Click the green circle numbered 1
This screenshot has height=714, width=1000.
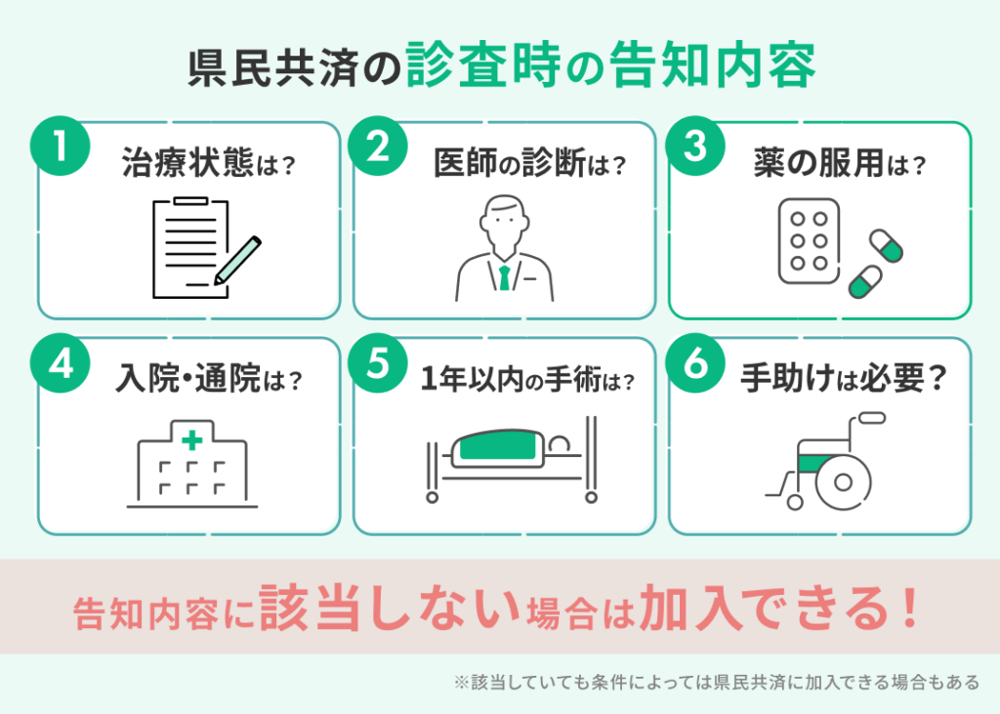(x=61, y=146)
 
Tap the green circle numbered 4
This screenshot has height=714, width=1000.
(x=61, y=362)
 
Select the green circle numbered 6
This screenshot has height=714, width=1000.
(x=695, y=362)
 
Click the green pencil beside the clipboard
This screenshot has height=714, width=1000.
(x=238, y=261)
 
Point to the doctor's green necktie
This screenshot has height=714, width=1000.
(x=505, y=277)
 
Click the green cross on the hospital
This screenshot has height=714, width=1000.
(x=192, y=441)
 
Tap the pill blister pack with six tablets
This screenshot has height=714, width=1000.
(x=809, y=241)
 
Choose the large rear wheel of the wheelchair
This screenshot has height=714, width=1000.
(x=843, y=482)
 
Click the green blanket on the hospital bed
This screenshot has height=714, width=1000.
(x=498, y=444)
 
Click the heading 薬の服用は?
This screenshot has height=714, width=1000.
(x=839, y=163)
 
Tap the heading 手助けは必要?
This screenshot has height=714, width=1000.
(x=843, y=378)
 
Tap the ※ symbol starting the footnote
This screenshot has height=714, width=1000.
(x=461, y=682)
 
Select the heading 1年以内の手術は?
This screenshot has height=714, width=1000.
(x=527, y=380)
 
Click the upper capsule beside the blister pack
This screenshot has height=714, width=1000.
(x=887, y=246)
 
